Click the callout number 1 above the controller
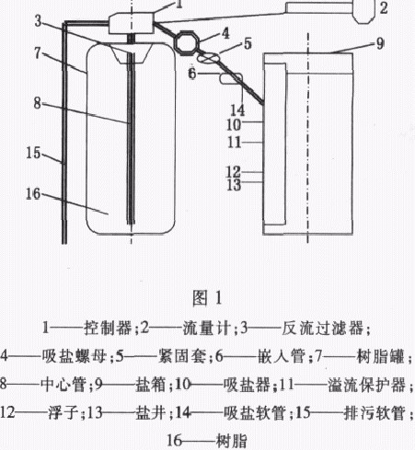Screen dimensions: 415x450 (179, 5)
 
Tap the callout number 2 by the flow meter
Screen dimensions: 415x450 (384, 8)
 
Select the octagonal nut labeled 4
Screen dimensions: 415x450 (187, 42)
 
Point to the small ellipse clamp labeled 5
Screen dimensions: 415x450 (208, 57)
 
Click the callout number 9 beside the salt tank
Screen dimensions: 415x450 (380, 44)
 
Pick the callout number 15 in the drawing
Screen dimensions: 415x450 (33, 153)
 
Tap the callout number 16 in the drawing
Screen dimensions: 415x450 (33, 194)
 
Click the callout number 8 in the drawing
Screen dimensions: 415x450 (37, 103)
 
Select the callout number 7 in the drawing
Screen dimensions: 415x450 (38, 53)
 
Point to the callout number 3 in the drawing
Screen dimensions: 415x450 (38, 21)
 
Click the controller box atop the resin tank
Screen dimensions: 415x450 (131, 23)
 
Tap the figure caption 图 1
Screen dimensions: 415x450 (207, 298)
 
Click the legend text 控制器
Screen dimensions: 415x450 (108, 328)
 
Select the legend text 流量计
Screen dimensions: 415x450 (206, 328)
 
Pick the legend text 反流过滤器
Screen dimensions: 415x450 (322, 328)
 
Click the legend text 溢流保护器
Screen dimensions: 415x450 (367, 385)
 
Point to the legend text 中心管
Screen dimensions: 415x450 (63, 385)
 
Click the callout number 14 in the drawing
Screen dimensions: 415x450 (237, 110)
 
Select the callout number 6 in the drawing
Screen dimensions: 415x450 (192, 74)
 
